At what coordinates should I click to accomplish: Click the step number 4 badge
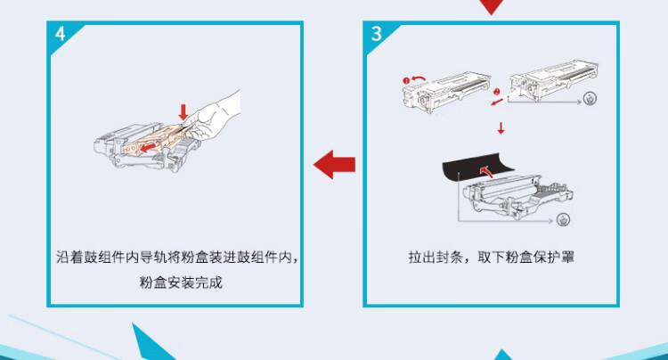coord(59,35)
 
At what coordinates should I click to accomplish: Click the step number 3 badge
coord(377,35)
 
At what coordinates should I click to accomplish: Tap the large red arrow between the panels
coord(336,164)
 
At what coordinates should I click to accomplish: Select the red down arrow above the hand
coord(183,113)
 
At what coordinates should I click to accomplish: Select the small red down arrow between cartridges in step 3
coord(501,130)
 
